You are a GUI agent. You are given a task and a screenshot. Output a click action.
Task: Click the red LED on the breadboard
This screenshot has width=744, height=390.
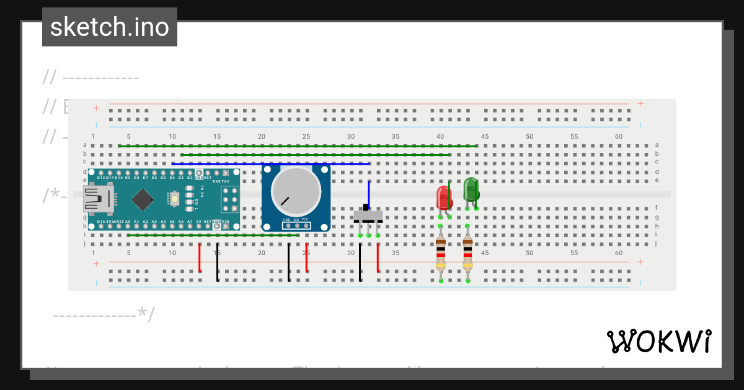click(444, 197)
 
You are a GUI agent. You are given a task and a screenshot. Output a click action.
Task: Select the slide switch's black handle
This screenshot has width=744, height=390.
click(366, 207)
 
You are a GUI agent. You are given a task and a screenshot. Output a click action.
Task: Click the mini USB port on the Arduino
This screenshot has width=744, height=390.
click(99, 199)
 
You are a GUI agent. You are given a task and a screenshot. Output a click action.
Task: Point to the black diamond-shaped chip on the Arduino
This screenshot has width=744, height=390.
click(143, 199)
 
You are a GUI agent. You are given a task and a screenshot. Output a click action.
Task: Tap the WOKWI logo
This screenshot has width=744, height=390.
click(658, 341)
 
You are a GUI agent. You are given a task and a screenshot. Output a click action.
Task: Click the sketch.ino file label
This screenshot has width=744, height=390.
click(110, 27)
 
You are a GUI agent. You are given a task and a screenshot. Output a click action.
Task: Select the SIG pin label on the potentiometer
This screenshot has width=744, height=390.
click(296, 220)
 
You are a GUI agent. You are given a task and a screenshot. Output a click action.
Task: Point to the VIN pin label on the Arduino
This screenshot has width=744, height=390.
click(226, 221)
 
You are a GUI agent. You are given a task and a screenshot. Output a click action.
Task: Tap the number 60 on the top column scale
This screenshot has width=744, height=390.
click(619, 136)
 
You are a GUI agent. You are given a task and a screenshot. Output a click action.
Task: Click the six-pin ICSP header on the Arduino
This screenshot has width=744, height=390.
click(229, 199)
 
